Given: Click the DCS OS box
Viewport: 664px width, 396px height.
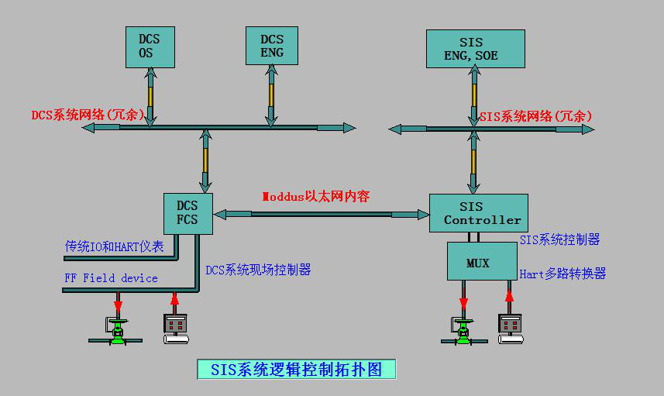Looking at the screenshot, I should click(x=150, y=46).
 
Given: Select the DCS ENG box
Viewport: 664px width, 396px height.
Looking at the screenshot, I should click(x=271, y=46).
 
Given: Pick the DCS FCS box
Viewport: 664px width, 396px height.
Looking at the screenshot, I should click(x=187, y=213).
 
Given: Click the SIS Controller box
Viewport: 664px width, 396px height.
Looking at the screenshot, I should click(x=478, y=213).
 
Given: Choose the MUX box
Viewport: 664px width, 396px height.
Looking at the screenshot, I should click(x=481, y=261).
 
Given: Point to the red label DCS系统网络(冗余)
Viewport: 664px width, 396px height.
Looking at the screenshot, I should click(x=88, y=115).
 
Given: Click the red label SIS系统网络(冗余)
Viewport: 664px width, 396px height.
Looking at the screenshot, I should click(x=535, y=116).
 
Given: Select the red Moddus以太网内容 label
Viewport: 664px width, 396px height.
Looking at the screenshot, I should click(x=315, y=196).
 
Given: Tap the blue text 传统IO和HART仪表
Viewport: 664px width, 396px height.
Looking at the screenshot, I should click(x=115, y=246).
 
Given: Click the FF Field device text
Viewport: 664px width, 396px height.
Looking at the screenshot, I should click(x=112, y=277).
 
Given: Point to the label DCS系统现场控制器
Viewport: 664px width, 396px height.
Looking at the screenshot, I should click(x=258, y=270).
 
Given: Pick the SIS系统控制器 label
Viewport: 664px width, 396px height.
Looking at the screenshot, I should click(x=559, y=240).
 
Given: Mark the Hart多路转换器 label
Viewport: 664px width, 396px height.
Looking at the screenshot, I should click(x=563, y=273).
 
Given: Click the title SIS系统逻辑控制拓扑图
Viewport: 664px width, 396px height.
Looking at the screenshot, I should click(x=297, y=369).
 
